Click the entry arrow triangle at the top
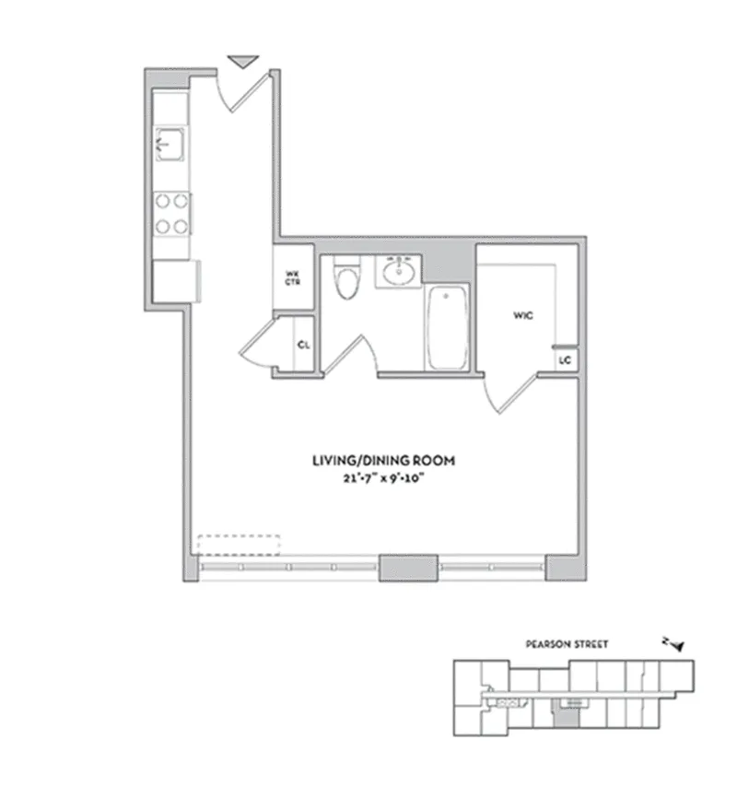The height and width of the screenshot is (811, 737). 241,62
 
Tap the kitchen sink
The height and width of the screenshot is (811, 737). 170,143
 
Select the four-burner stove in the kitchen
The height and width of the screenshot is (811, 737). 171,212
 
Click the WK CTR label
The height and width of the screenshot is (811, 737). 293,276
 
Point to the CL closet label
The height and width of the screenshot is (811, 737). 302,346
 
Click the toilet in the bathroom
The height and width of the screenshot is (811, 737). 347,280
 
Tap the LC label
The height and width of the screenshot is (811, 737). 565,359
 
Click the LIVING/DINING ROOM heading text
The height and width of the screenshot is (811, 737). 382,461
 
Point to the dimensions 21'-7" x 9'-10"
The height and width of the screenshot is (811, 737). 382,477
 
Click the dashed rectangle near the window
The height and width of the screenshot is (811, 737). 240,544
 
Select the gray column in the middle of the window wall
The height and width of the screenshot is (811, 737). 409,567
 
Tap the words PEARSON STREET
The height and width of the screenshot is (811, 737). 566,646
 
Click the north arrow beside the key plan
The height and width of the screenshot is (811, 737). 675,645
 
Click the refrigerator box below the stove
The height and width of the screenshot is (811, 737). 176,279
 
